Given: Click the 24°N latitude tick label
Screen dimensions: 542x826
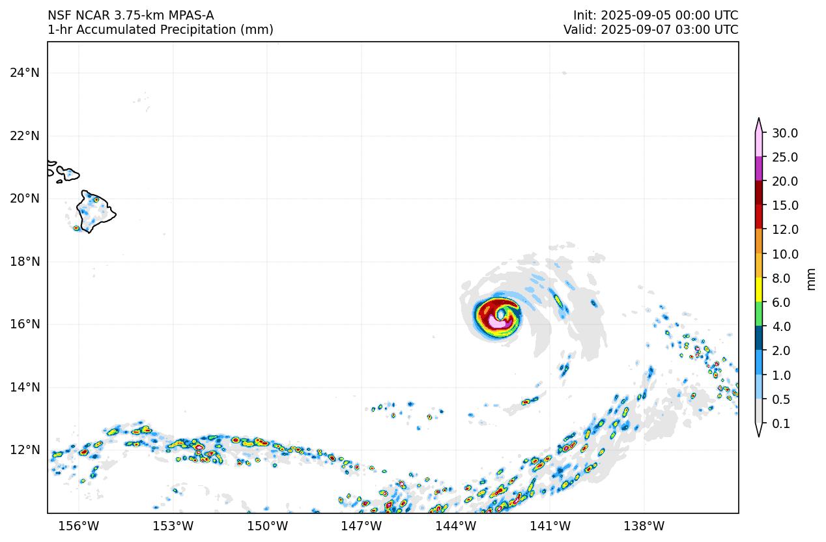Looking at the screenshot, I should pos(25,72).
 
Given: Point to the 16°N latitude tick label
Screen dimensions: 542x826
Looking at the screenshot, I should pos(25,324).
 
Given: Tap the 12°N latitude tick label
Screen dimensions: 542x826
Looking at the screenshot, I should pos(25,450).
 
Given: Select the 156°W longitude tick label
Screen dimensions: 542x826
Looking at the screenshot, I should pos(79,526).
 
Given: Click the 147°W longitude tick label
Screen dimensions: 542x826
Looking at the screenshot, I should pos(362,526).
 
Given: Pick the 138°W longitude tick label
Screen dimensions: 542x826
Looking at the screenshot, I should pos(644,526).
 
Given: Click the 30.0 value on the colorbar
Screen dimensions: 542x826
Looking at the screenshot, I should pos(784,134).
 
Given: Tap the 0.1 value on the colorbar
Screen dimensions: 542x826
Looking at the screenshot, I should pos(780,424).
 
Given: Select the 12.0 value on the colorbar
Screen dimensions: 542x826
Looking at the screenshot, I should pos(784,230).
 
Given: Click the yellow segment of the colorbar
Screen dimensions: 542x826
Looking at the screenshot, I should pos(759,289).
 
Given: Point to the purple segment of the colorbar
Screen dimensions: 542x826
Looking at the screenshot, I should pos(759,169).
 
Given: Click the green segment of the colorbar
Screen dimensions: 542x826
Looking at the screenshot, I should pos(759,313).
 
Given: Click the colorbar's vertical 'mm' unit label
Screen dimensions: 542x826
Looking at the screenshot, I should pos(811,279).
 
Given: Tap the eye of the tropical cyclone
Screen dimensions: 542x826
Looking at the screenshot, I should pos(501,315).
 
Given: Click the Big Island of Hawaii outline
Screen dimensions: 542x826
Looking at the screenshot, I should pos(95,211).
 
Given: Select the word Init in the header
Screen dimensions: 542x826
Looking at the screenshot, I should pos(584,15).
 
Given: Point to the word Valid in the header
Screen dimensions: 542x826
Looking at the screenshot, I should pos(578,29).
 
